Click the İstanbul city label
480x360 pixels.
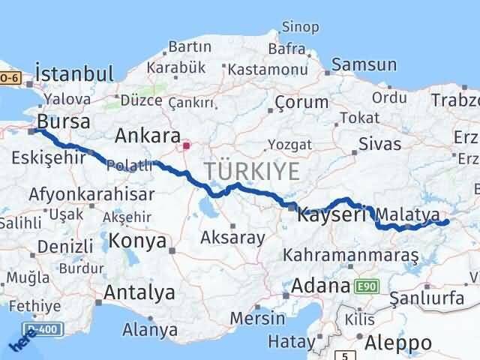click(x=74, y=74)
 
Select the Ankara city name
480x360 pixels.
click(x=147, y=136)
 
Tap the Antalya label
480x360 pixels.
click(x=139, y=292)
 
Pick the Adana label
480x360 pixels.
click(x=320, y=286)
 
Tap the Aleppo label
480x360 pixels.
click(x=399, y=343)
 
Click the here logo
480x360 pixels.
click(x=22, y=341)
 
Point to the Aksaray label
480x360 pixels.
click(x=233, y=238)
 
